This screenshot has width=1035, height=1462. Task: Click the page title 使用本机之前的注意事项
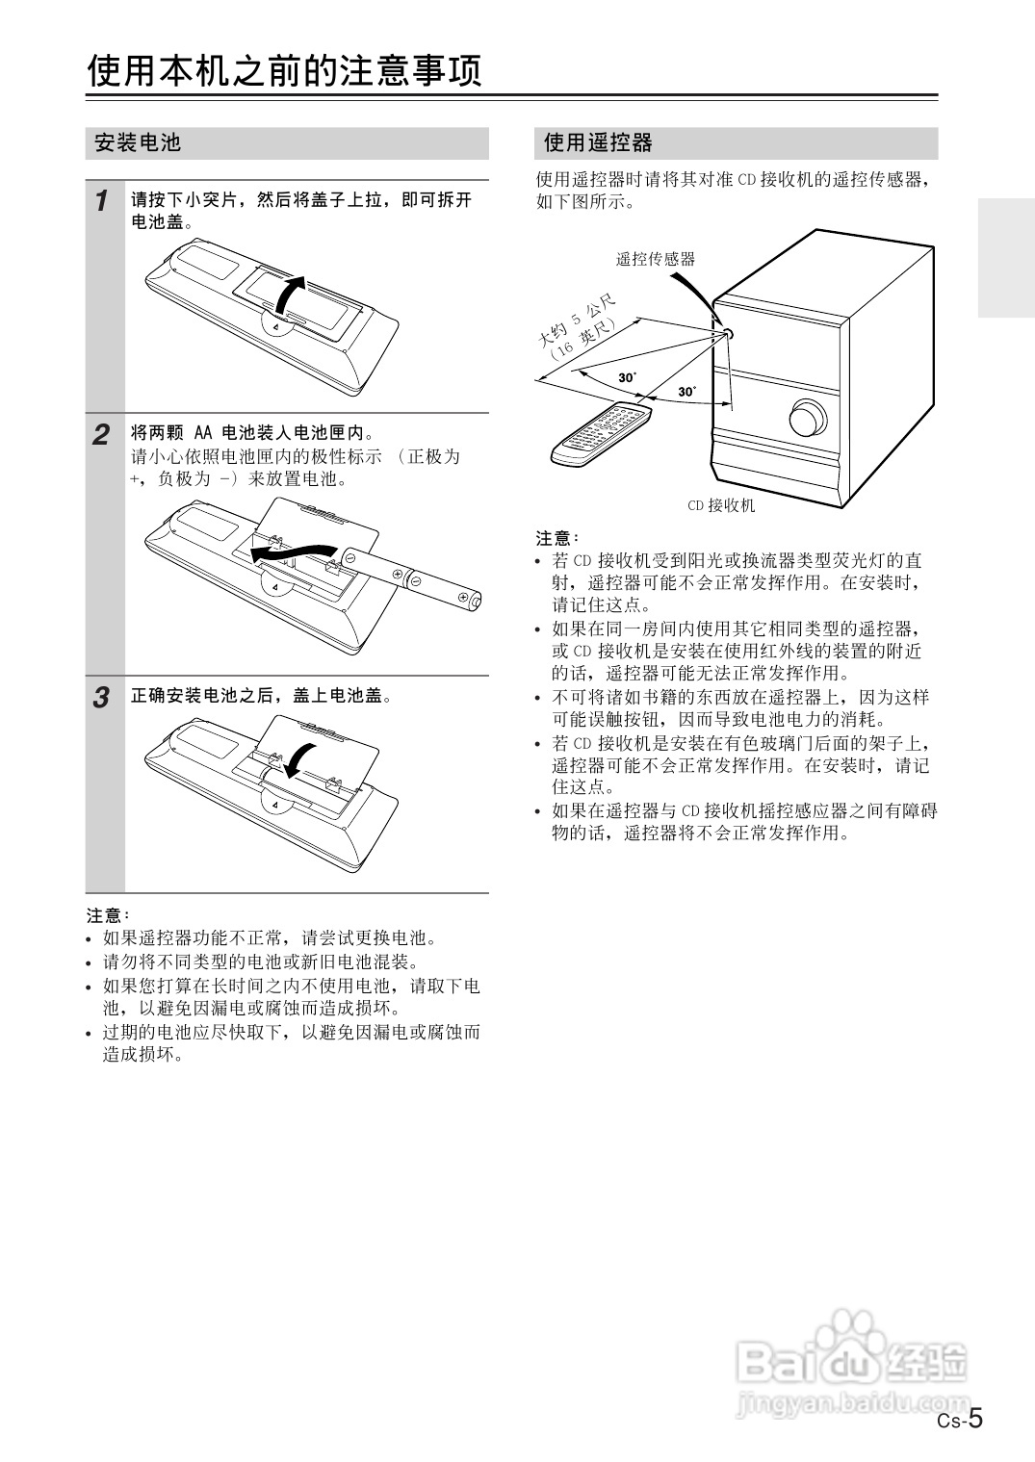pos(284,71)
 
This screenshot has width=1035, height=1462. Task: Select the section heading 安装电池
pos(138,143)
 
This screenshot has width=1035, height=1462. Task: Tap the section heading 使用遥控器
pos(598,143)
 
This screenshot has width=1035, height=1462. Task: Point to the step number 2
pos(101,435)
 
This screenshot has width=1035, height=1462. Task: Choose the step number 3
pos(101,698)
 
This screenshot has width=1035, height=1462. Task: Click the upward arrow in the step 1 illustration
pos(290,293)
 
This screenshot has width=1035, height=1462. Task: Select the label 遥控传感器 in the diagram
pos(655,259)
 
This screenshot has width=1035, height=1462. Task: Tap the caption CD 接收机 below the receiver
pos(720,505)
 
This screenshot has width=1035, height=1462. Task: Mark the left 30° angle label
pos(627,377)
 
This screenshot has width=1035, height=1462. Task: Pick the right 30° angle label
pos(686,392)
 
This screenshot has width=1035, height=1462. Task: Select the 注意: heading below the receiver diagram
pos(557,537)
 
